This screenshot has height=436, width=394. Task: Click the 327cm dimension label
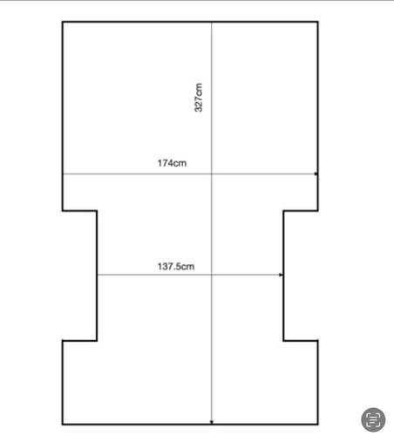pos(199,98)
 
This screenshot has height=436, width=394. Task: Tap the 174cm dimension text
pos(172,163)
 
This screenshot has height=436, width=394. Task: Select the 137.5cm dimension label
pos(176,267)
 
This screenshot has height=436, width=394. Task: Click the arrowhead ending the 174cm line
pos(316,174)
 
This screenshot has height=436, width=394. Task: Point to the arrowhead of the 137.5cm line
pos(281,275)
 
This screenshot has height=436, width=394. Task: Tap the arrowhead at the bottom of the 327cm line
pos(212,422)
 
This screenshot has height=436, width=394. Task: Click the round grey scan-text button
pos(373,419)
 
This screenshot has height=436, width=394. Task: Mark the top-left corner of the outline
pos(63,22)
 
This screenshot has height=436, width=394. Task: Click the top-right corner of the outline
pos(318,22)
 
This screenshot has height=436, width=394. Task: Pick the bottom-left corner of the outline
pos(63,425)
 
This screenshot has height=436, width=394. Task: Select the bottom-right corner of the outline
pos(318,425)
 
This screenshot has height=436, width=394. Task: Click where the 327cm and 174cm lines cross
pos(212,174)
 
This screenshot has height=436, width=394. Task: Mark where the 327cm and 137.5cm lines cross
pos(212,275)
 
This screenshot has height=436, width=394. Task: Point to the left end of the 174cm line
pos(64,174)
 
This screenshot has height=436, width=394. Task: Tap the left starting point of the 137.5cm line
pos(98,275)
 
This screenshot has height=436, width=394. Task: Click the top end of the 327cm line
pos(212,23)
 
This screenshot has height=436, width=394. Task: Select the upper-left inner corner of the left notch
pos(97,211)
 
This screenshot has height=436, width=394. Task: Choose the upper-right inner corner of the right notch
pos(283,211)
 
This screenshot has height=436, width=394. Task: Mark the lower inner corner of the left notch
pos(97,340)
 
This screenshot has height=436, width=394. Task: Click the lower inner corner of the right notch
pos(283,340)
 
